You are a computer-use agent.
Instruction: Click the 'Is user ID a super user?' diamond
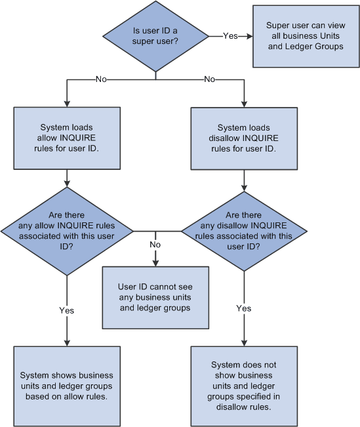coord(155,36)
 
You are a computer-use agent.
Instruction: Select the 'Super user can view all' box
coord(306,36)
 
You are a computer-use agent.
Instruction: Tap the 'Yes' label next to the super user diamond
coord(230,36)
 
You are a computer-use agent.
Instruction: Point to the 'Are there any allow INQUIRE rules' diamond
coord(66,232)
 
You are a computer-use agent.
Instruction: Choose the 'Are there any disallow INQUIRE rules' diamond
coord(244,232)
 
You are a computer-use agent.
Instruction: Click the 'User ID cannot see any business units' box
coord(155,297)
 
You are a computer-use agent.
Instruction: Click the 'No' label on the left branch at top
coord(100,79)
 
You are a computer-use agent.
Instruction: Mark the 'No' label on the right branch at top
coord(210,79)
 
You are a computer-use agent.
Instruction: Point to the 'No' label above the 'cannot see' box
coord(155,244)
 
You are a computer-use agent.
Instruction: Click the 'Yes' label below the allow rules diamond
coord(66,308)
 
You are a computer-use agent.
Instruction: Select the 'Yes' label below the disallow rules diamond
coord(244,308)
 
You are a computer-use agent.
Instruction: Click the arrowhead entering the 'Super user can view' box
coord(249,36)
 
